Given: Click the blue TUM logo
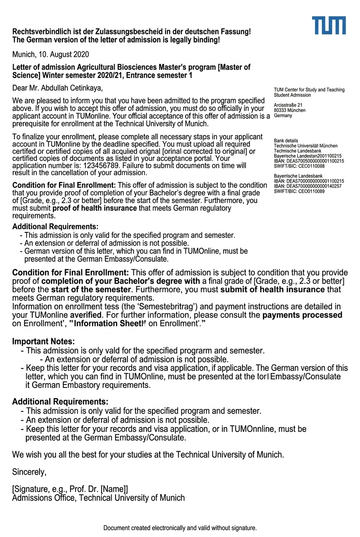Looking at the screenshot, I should click(x=329, y=25).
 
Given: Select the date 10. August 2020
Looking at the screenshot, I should click(x=63, y=54).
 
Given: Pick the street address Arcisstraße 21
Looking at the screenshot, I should click(x=288, y=105).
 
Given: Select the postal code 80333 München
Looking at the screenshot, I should click(x=290, y=110).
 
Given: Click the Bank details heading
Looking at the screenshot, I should click(x=286, y=141).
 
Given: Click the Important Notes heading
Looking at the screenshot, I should click(x=43, y=342).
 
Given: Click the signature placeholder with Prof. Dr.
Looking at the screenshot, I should click(x=70, y=489).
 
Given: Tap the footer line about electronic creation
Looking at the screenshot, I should click(x=180, y=528).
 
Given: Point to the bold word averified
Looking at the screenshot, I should click(x=86, y=315).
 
